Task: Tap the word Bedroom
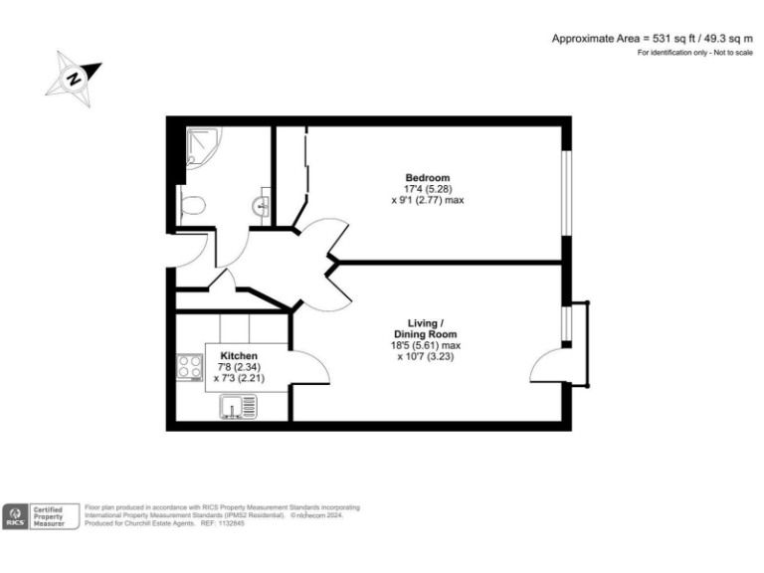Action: (x=427, y=178)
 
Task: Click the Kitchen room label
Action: (x=239, y=355)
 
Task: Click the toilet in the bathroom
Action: (x=194, y=206)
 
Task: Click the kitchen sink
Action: (x=239, y=405)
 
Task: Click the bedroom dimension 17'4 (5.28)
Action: (x=427, y=189)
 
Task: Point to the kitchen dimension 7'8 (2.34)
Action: (x=239, y=367)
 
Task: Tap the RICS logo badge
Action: (x=17, y=516)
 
